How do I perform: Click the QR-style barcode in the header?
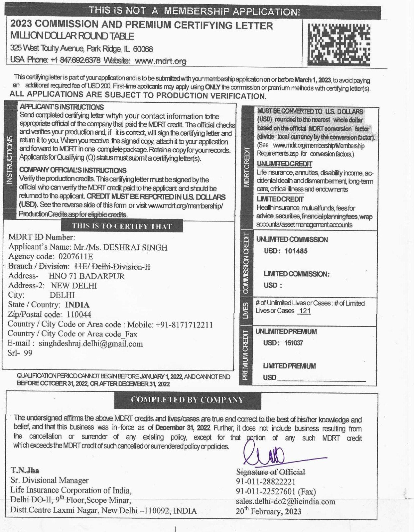pos(339,44)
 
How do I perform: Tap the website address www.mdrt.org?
pos(161,61)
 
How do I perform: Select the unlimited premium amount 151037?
pos(294,343)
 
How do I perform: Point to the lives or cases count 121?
pos(305,311)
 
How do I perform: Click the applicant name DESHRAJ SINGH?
pos(135,247)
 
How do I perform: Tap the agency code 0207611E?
pos(75,257)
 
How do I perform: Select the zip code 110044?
pos(79,314)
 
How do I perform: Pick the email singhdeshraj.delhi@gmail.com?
pos(91,343)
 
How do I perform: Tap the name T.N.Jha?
pos(25,470)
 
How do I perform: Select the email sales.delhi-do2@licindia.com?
pos(285,501)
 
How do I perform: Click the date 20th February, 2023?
pos(268,511)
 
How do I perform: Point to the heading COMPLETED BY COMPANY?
pos(187,400)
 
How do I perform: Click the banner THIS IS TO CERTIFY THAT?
pos(122,226)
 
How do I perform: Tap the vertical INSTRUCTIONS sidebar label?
pos(10,160)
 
